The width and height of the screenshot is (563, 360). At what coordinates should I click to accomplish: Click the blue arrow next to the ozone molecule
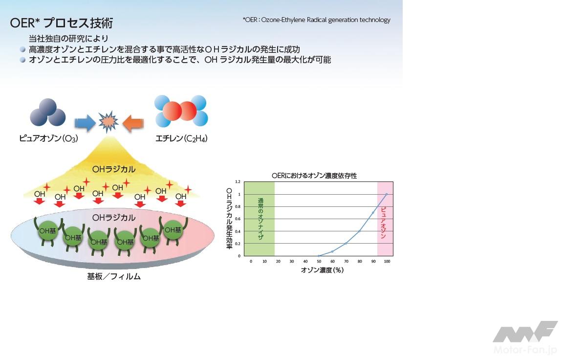click(85, 123)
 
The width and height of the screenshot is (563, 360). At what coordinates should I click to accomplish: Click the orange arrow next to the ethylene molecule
click(133, 123)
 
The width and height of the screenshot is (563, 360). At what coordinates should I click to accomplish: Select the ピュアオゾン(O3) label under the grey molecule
click(48, 138)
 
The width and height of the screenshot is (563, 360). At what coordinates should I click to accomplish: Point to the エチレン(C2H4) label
click(181, 138)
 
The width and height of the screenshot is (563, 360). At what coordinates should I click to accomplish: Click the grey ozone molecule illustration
click(48, 112)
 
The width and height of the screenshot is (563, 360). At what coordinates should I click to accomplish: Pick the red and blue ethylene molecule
click(181, 111)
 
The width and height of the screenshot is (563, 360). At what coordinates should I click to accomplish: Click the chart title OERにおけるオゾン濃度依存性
click(314, 176)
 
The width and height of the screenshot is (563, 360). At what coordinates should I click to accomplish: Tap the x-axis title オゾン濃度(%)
click(322, 270)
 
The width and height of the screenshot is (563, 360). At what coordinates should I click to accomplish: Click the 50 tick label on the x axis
click(319, 261)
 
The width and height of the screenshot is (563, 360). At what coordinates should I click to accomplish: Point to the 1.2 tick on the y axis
click(238, 182)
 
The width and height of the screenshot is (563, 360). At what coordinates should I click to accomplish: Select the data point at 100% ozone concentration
click(387, 194)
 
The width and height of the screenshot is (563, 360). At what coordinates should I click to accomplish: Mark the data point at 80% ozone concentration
click(359, 231)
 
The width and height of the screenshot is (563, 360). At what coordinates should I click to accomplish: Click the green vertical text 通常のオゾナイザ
click(260, 219)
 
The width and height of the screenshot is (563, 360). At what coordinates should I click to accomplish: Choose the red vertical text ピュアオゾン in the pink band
click(383, 223)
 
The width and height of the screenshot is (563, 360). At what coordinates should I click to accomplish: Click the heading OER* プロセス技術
click(62, 23)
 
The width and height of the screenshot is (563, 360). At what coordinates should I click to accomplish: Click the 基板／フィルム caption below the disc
click(114, 277)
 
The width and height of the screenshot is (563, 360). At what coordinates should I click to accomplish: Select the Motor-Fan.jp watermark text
click(525, 350)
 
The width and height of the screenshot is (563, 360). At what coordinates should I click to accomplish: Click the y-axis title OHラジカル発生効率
click(229, 219)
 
